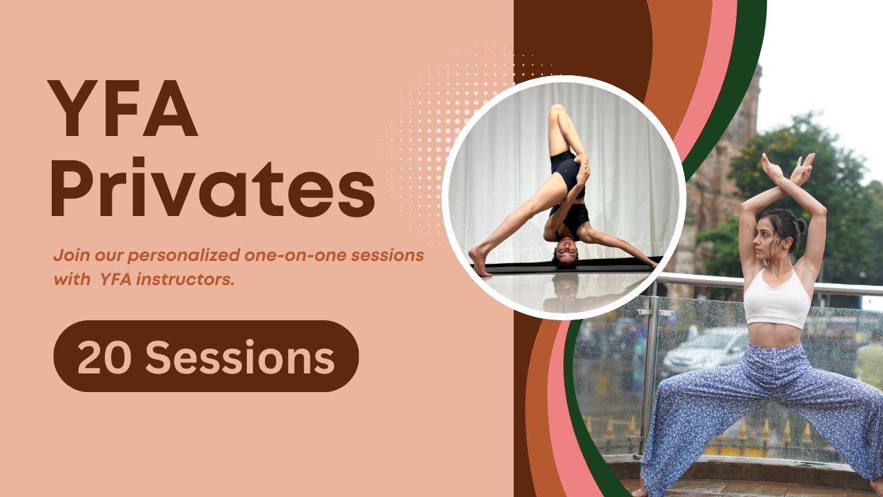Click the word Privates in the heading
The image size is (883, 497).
pos(213,187)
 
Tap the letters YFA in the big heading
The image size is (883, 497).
pos(123,108)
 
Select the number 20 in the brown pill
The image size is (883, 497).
pos(104,357)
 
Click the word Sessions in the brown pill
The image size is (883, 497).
pos(241,357)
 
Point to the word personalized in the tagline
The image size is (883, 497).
pos(183,255)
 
